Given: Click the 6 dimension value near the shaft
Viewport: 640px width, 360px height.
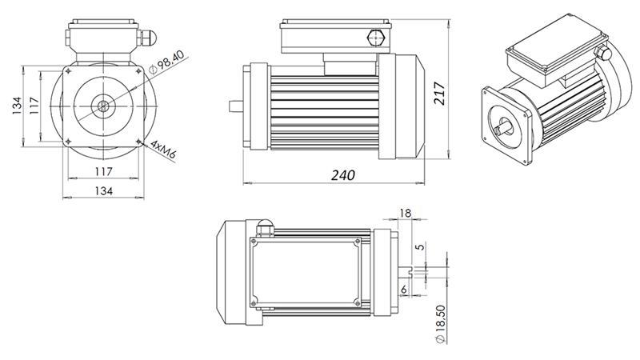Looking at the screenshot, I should (x=404, y=289).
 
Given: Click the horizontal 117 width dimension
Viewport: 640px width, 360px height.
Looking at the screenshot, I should (x=103, y=171).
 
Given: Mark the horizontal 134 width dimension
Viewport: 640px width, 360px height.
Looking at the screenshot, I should (x=103, y=190).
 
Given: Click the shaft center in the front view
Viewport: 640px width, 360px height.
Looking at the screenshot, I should (x=104, y=104).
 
